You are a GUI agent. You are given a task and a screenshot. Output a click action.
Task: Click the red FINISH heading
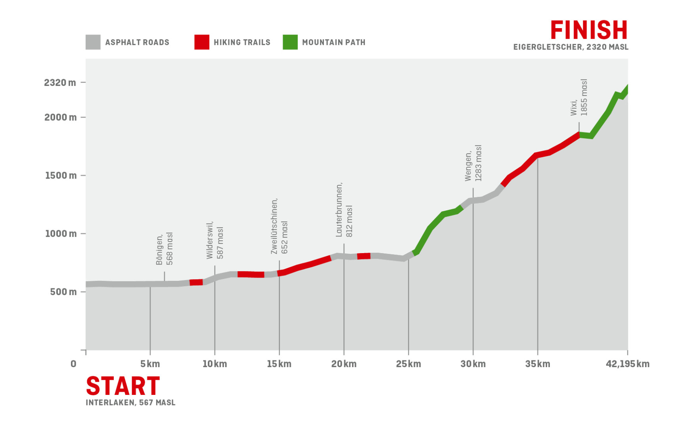tap(589, 30)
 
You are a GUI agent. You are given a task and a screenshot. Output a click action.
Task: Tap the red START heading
tap(123, 386)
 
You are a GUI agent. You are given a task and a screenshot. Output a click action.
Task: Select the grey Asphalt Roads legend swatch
tap(93, 42)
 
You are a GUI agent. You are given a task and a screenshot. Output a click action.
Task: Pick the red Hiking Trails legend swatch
tap(202, 42)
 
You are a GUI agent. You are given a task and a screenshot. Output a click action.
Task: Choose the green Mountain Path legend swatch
tap(290, 42)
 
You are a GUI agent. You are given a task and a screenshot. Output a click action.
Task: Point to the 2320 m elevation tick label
tap(60, 83)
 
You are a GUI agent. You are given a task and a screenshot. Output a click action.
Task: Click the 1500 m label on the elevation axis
tap(61, 175)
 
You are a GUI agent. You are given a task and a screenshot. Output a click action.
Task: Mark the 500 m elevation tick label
tap(63, 292)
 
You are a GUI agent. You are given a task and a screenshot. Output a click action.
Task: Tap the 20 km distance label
tap(344, 364)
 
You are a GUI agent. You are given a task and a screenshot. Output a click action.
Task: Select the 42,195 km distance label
tap(628, 364)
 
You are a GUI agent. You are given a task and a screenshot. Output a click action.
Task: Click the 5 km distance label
tap(150, 364)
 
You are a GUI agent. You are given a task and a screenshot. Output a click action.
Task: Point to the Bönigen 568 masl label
tap(165, 249)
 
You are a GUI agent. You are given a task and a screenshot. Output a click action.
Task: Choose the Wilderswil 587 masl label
tap(215, 240)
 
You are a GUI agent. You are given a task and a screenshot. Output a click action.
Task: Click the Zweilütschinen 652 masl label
tap(280, 226)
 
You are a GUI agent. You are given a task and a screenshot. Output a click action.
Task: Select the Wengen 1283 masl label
tap(473, 163)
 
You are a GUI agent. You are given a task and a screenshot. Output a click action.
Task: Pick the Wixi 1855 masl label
tap(579, 98)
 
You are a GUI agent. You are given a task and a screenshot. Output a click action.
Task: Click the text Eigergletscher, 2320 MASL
tap(571, 47)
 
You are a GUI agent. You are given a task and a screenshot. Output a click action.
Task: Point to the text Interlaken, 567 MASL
tap(130, 403)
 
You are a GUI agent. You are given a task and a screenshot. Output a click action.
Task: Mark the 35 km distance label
tap(538, 364)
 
